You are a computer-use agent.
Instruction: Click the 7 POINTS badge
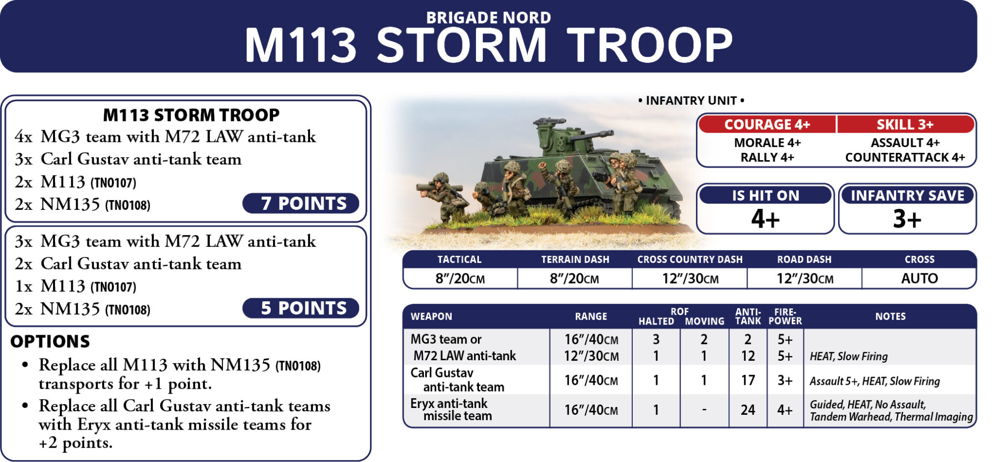(301, 203)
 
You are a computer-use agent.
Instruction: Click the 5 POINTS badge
(301, 308)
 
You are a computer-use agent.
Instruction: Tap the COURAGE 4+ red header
(767, 124)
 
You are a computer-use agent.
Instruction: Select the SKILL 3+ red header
(905, 124)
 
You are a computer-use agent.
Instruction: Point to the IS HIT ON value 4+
(765, 219)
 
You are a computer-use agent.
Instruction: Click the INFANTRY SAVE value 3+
(907, 219)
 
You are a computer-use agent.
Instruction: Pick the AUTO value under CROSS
(920, 279)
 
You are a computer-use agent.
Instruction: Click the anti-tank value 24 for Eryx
(748, 410)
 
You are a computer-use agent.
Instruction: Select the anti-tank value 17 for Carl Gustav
(748, 380)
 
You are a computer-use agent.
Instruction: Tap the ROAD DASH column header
(804, 260)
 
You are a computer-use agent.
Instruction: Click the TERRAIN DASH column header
(575, 260)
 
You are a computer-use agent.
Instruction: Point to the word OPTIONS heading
(50, 342)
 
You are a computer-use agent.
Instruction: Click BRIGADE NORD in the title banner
(488, 18)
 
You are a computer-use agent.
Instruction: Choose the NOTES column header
(890, 317)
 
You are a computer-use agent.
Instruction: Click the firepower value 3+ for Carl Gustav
(785, 380)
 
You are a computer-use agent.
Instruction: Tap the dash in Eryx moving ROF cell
(704, 410)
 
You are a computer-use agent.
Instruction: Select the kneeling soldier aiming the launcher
(442, 197)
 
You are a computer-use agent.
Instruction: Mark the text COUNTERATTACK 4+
(905, 158)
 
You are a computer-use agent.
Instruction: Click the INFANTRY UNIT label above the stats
(691, 101)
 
